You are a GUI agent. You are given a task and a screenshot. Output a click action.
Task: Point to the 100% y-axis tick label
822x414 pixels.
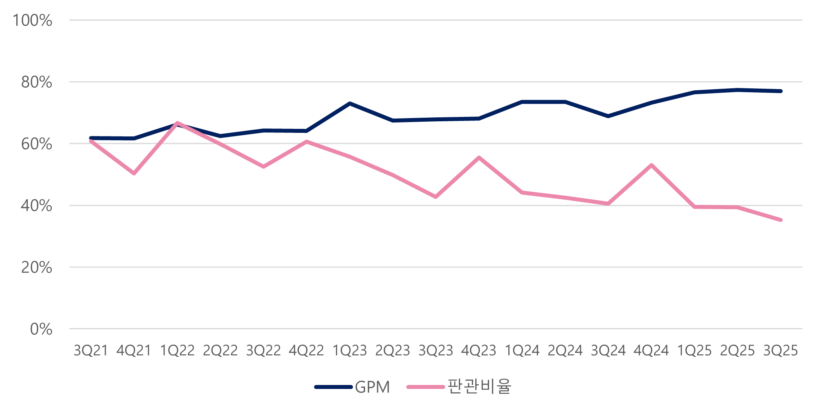(32, 20)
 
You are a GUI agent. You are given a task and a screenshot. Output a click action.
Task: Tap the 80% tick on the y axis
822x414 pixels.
(37, 82)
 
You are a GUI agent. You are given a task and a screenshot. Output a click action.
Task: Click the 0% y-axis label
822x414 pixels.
(41, 329)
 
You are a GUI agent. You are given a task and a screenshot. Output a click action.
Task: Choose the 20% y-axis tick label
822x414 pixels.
(37, 268)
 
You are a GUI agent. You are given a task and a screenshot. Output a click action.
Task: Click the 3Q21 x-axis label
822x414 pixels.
(91, 350)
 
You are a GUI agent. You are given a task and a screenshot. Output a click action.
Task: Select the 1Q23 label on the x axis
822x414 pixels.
(349, 350)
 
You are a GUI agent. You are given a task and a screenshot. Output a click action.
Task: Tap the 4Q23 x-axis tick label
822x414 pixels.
(479, 350)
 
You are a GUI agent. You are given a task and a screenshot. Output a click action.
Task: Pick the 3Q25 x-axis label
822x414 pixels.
(781, 350)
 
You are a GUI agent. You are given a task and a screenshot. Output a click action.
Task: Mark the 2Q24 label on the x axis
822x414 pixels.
(565, 350)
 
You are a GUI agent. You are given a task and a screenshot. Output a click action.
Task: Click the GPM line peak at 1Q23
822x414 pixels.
(349, 103)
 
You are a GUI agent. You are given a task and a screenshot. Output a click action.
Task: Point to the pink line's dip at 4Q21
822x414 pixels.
(134, 173)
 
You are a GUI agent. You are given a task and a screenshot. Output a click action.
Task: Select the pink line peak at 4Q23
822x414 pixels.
(479, 157)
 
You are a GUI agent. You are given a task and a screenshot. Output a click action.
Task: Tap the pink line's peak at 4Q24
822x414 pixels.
(651, 165)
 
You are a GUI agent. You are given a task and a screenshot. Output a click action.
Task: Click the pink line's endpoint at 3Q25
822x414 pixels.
(781, 220)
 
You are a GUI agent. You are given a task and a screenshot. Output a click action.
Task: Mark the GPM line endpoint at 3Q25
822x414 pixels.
(781, 91)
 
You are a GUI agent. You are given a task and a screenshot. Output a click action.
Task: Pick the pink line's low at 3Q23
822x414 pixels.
(436, 197)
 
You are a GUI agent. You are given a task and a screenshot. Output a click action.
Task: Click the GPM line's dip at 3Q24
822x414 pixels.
(608, 116)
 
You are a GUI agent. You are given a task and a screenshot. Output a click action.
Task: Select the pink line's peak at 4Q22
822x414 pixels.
(306, 141)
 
